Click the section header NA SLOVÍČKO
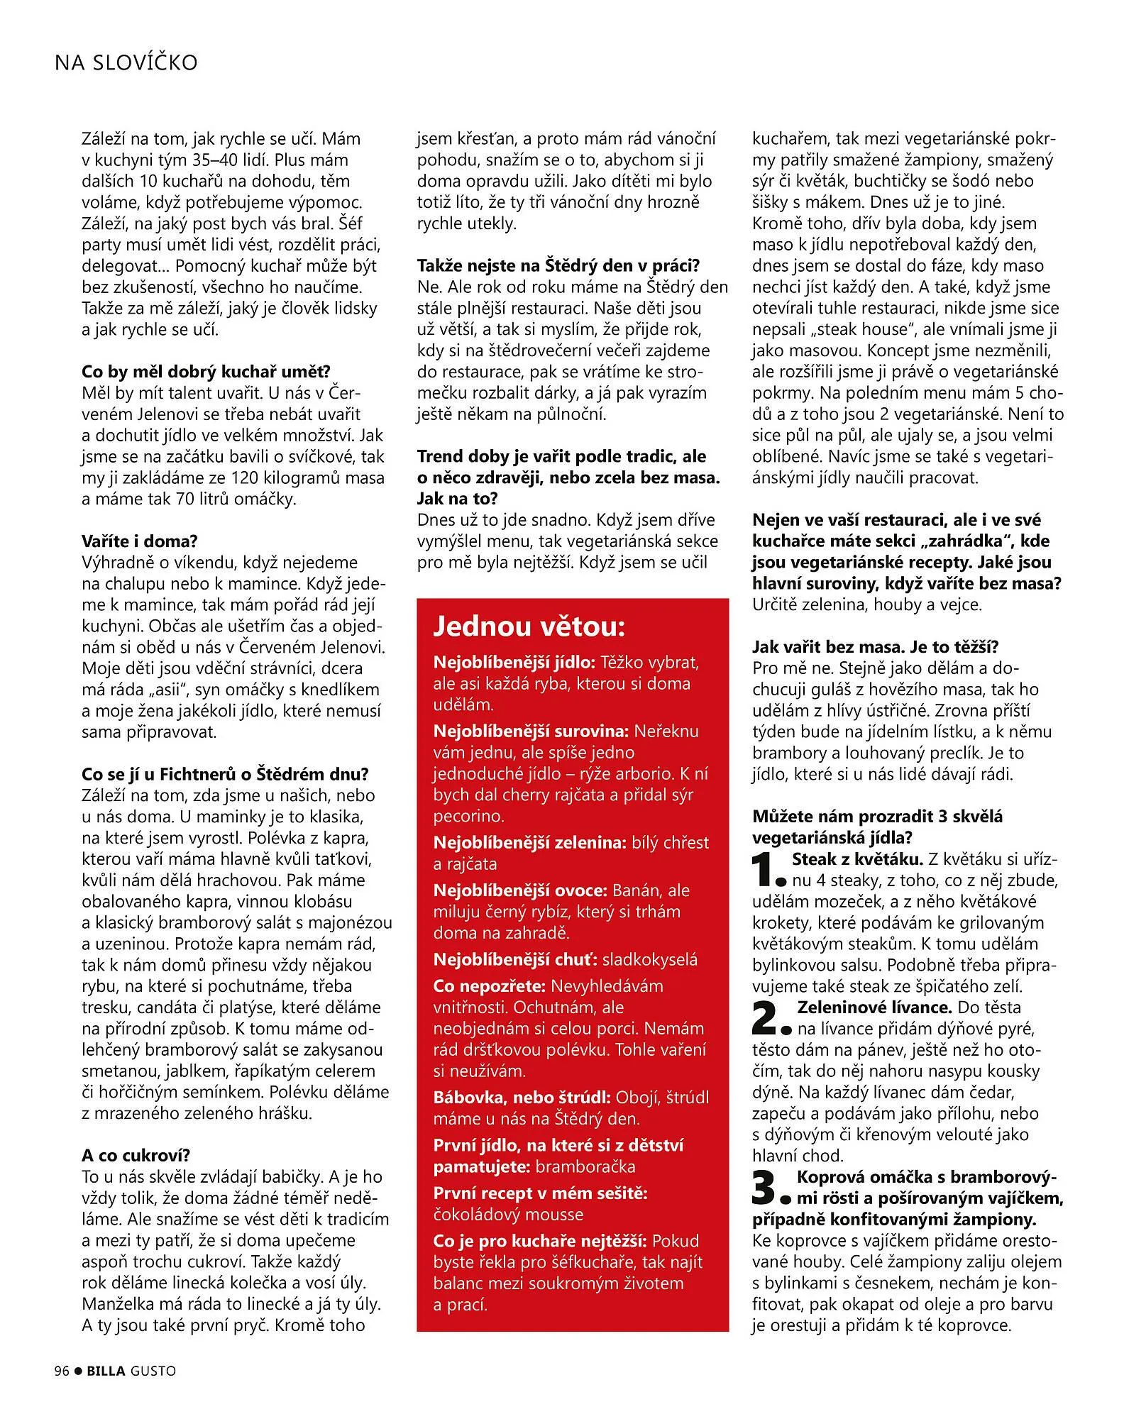(126, 63)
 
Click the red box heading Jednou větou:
(529, 626)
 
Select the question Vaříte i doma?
(139, 541)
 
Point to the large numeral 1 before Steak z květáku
(768, 870)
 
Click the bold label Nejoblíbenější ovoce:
(520, 890)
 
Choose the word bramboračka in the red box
(585, 1166)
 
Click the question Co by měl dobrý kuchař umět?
(206, 372)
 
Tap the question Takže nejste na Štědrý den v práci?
(558, 266)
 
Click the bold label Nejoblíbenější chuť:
(515, 959)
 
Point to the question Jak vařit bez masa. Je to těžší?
(876, 646)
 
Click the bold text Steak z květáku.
(857, 859)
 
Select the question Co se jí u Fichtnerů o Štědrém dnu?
(225, 774)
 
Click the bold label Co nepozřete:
(489, 985)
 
